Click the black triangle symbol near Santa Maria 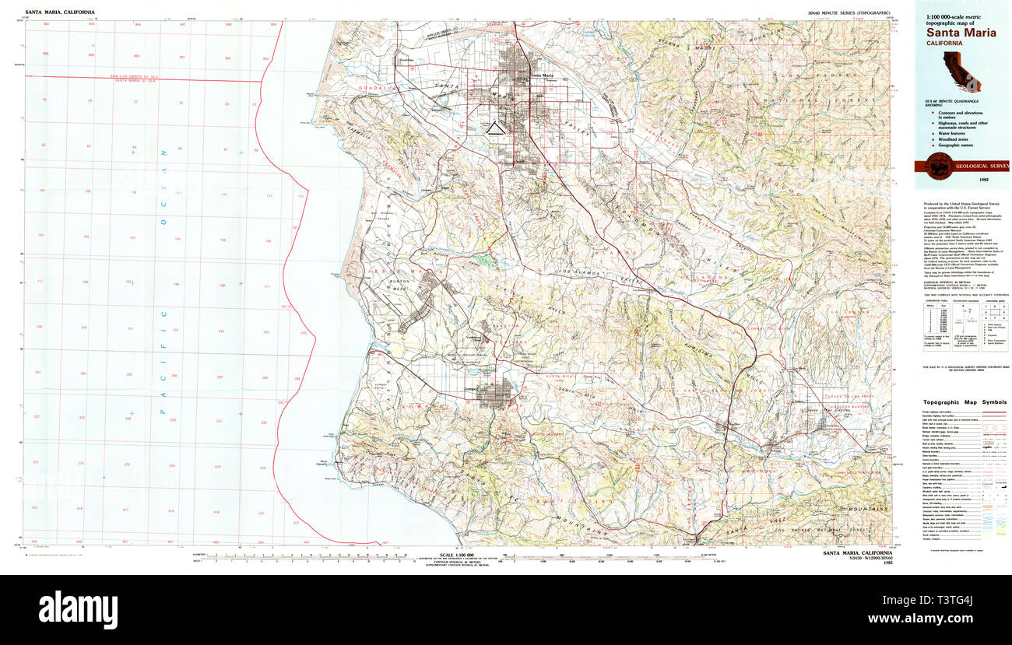(494, 129)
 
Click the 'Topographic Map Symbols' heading (961, 402)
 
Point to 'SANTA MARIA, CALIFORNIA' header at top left (60, 12)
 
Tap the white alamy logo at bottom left (78, 608)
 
